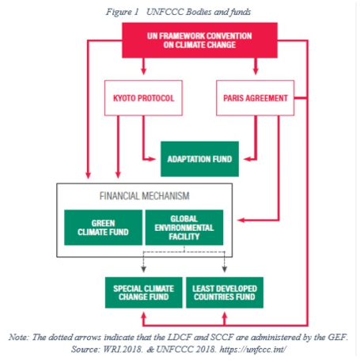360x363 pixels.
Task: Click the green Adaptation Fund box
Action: pos(199,158)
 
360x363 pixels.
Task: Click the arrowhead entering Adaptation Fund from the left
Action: pos(156,158)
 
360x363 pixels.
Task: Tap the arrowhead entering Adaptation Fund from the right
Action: pos(242,158)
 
